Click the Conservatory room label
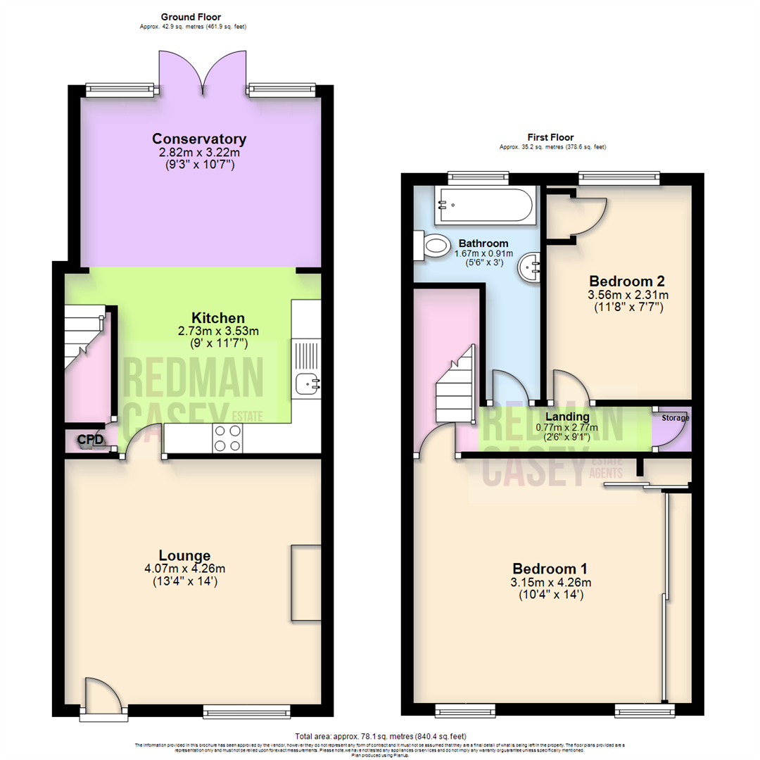pyautogui.click(x=199, y=138)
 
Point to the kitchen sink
pyautogui.click(x=308, y=384)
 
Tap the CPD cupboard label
pyautogui.click(x=90, y=441)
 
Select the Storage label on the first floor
pyautogui.click(x=674, y=418)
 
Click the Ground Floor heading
pyautogui.click(x=192, y=16)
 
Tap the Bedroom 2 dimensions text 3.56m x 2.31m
pyautogui.click(x=619, y=295)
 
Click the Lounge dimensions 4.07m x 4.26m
pyautogui.click(x=184, y=569)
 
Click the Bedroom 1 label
pyautogui.click(x=550, y=569)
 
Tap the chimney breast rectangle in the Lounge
pyautogui.click(x=305, y=582)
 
